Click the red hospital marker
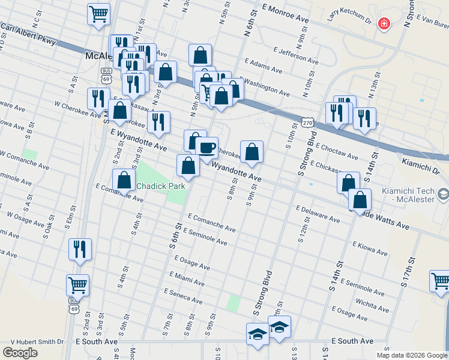384,25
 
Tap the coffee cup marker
207,147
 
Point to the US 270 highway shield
308,122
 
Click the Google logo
20,353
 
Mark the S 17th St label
408,272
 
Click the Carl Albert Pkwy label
28,34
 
